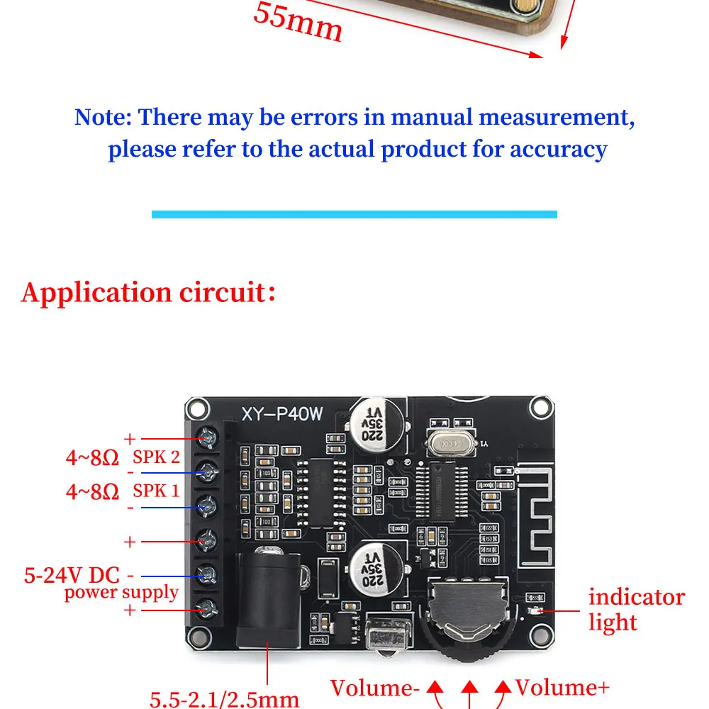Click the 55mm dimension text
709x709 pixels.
(298, 22)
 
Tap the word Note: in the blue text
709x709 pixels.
(103, 117)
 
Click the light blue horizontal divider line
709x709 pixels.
(354, 214)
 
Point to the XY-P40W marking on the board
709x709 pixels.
(282, 415)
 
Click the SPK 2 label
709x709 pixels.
(157, 457)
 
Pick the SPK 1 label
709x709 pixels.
(157, 491)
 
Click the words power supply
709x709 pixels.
(121, 592)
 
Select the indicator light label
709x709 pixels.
(636, 610)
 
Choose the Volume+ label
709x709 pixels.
(562, 688)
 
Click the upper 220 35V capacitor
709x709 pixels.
(375, 426)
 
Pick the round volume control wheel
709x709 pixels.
(467, 617)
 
